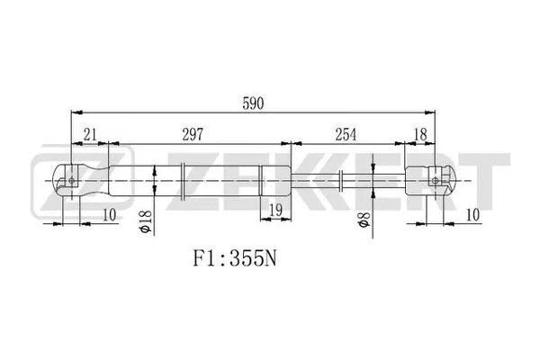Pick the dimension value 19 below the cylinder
coord(275,211)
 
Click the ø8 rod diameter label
coord(362,221)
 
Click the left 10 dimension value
coord(109,213)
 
